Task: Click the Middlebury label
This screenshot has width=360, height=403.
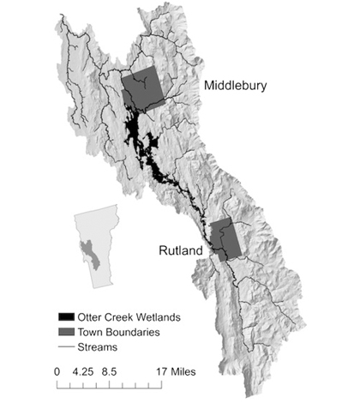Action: pos(237,87)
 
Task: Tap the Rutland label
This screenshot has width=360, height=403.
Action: pos(182,251)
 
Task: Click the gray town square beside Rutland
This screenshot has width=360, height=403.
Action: pos(226,239)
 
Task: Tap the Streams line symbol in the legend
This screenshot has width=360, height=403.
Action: pos(63,347)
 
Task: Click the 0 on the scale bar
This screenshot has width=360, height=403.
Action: pos(57,373)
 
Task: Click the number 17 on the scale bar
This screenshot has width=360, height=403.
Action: pos(162,373)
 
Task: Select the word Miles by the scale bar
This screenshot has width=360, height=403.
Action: pos(183,373)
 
